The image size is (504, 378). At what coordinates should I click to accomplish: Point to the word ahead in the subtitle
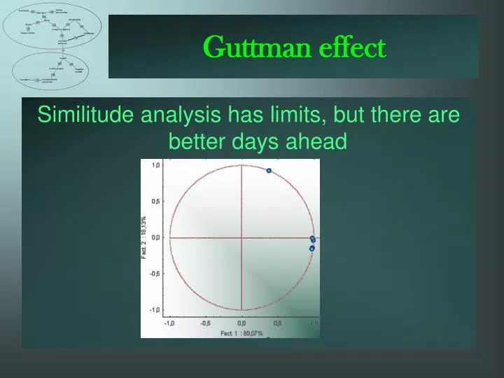[x=320, y=142]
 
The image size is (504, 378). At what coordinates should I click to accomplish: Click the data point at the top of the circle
[x=269, y=170]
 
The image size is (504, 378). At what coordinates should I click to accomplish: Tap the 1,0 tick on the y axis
[x=156, y=164]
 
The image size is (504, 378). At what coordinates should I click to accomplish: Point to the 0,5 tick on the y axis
[x=156, y=201]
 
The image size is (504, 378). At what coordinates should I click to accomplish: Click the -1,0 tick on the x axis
[x=170, y=323]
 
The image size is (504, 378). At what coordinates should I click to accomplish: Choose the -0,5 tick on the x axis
[x=205, y=323]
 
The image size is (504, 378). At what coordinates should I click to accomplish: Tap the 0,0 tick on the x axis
[x=241, y=323]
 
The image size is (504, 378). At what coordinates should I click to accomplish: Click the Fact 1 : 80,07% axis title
[x=241, y=333]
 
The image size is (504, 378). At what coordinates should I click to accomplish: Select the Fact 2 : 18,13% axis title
[x=145, y=237]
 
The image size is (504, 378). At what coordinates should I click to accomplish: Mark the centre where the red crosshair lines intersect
[x=241, y=237]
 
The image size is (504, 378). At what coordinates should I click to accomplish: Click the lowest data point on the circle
[x=312, y=248]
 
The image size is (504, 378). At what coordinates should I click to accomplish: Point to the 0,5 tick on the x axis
[x=278, y=323]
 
